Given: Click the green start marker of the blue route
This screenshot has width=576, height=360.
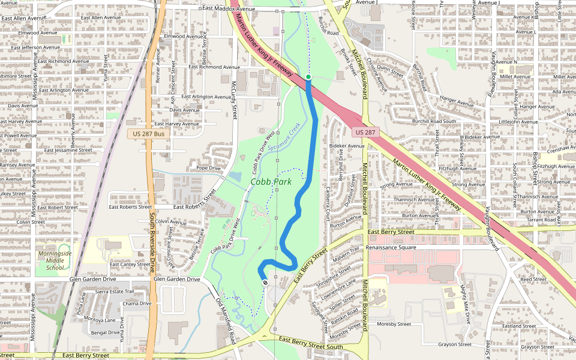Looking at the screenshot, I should (308, 77).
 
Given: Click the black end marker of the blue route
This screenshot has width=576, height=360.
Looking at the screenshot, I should (265, 282).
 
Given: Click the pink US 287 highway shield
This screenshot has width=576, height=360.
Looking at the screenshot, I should (365, 132).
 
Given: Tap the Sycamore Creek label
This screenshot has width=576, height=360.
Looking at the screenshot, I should (284, 138).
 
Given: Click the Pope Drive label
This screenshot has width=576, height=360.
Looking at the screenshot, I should (209, 168).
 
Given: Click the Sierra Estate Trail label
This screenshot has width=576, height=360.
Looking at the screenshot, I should (115, 291).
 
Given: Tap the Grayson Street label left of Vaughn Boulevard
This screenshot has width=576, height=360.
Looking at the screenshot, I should (455, 344).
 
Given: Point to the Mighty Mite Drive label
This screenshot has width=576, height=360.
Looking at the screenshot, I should (464, 304).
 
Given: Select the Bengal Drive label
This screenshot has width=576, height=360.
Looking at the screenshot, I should (106, 332).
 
